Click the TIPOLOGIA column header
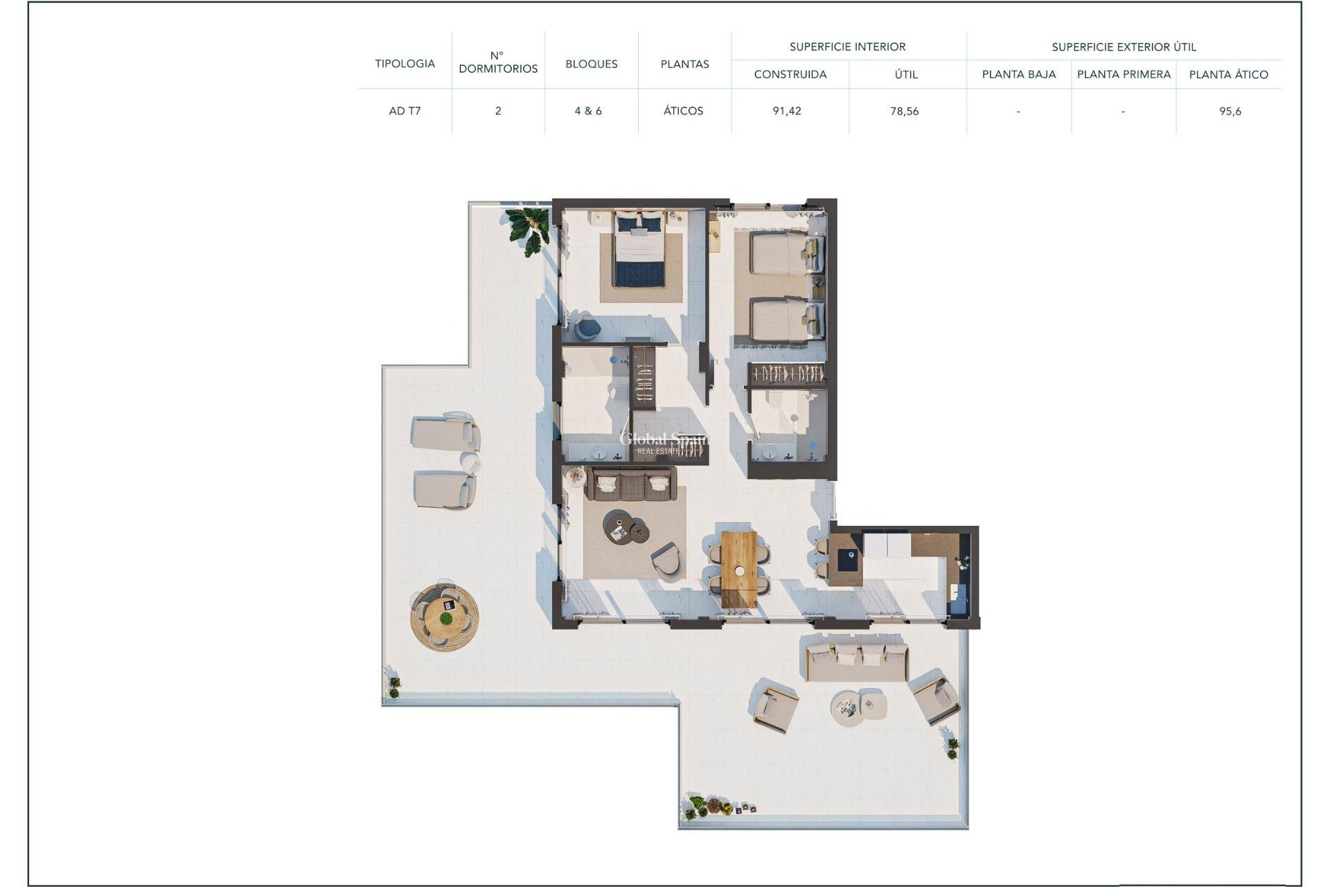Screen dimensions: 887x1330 tap(405, 64)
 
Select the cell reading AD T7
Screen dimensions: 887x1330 tap(405, 111)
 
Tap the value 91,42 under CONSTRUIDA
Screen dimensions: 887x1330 tap(787, 111)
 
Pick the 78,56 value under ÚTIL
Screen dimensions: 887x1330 tap(904, 111)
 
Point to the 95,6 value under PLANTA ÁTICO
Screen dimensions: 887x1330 tap(1230, 111)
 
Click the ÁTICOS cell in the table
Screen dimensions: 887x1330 tap(683, 111)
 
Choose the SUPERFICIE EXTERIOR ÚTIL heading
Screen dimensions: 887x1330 tap(1124, 47)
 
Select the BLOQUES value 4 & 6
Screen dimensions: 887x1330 tap(588, 111)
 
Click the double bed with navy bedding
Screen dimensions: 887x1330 tap(639, 249)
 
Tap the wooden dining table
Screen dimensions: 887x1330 tap(738, 569)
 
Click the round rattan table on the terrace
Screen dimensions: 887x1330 tap(444, 615)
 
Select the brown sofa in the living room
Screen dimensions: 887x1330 tap(630, 484)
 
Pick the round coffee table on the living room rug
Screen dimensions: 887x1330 tap(617, 525)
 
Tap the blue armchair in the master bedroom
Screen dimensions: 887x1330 tap(587, 326)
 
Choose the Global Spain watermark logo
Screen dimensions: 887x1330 tap(663, 442)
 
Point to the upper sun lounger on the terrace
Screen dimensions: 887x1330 tap(444, 433)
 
